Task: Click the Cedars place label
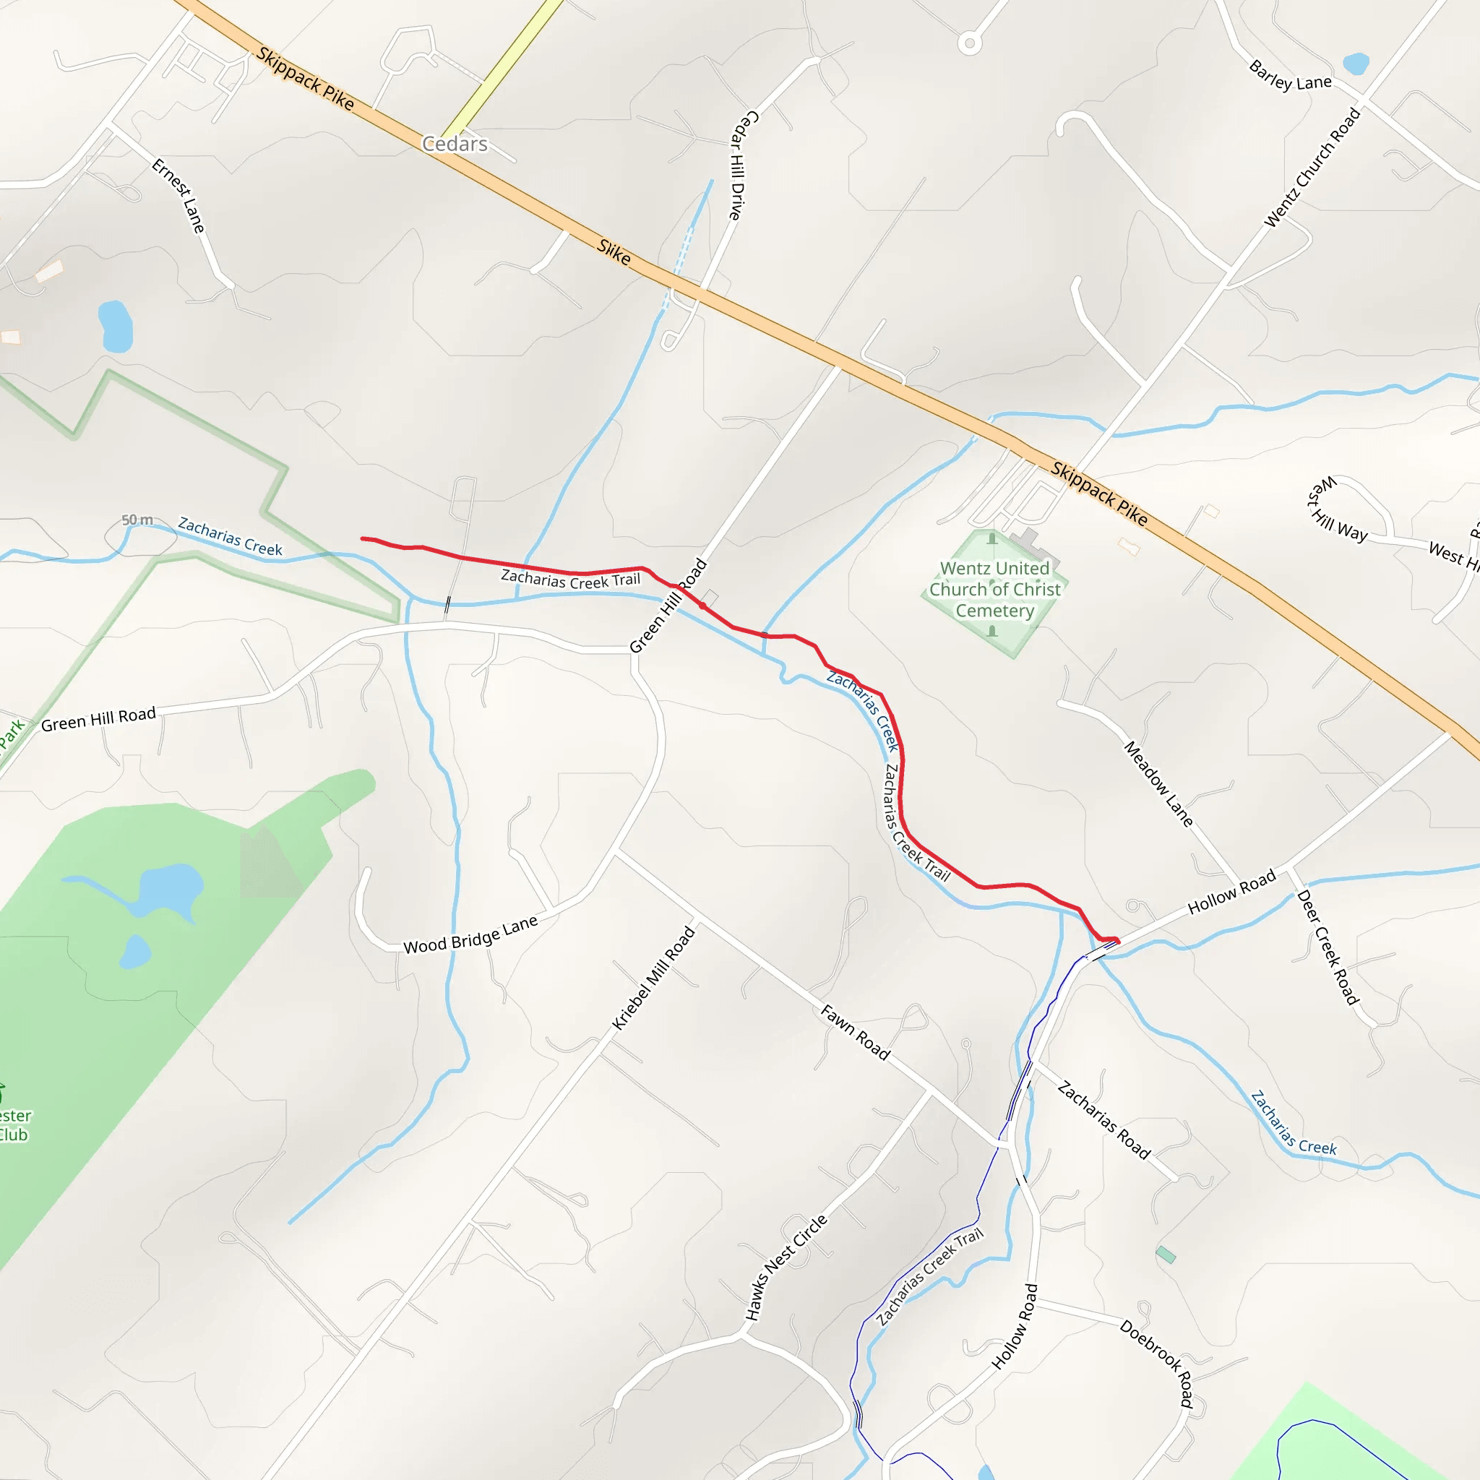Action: pos(455,144)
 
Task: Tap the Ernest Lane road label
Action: pos(178,195)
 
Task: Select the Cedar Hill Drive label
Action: pos(741,165)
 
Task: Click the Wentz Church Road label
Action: pos(1312,168)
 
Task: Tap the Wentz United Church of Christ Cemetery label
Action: pos(994,589)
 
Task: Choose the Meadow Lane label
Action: pos(1158,783)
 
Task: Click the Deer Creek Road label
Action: pos(1327,947)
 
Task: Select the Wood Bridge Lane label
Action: pos(470,935)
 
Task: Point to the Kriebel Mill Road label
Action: pos(653,978)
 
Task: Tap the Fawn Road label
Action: pos(855,1033)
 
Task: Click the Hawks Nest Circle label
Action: pos(786,1267)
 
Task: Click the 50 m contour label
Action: pos(137,520)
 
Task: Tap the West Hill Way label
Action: pos(1337,511)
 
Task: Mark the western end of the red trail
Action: pos(362,538)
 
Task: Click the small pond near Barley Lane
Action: pos(1356,64)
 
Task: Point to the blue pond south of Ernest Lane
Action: pos(116,327)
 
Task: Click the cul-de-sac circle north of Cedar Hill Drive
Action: pos(970,43)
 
